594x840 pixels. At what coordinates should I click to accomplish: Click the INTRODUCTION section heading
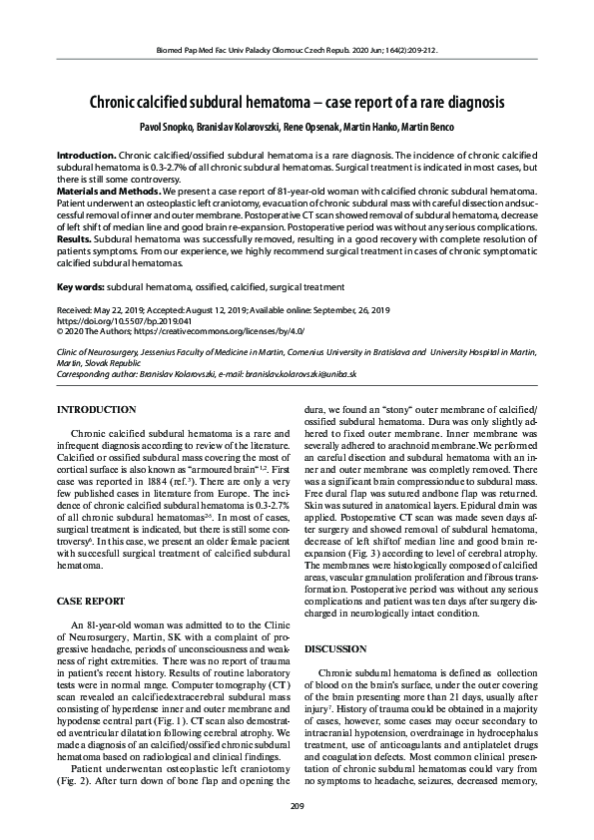click(x=97, y=410)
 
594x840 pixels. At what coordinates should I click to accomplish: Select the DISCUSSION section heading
click(x=336, y=648)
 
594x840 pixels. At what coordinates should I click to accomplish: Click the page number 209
click(x=297, y=806)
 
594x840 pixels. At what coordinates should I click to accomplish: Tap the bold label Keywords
click(x=80, y=286)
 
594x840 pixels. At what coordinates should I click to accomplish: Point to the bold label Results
click(x=75, y=240)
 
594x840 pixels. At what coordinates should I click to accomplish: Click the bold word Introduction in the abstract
click(x=86, y=157)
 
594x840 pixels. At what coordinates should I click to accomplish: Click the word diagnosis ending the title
click(x=470, y=103)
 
